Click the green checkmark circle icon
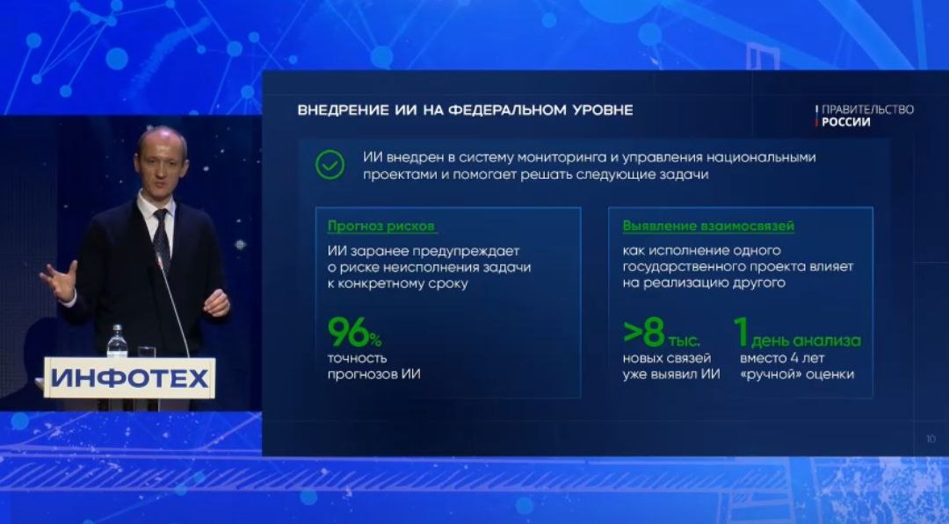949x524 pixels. pyautogui.click(x=330, y=165)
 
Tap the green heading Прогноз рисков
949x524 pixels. pyautogui.click(x=381, y=226)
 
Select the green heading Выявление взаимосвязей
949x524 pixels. pyautogui.click(x=708, y=226)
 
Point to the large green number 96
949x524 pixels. pyautogui.click(x=348, y=332)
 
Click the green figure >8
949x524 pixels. pyautogui.click(x=644, y=333)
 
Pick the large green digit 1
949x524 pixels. pyautogui.click(x=742, y=332)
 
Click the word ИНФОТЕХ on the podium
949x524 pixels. pyautogui.click(x=129, y=378)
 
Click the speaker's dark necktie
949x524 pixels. pyautogui.click(x=161, y=238)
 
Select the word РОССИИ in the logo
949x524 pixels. pyautogui.click(x=846, y=122)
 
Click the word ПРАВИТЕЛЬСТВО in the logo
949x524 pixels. pyautogui.click(x=867, y=110)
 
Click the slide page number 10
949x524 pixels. pyautogui.click(x=931, y=439)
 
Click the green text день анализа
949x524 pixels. pyautogui.click(x=806, y=341)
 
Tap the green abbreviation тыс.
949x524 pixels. pyautogui.click(x=684, y=341)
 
